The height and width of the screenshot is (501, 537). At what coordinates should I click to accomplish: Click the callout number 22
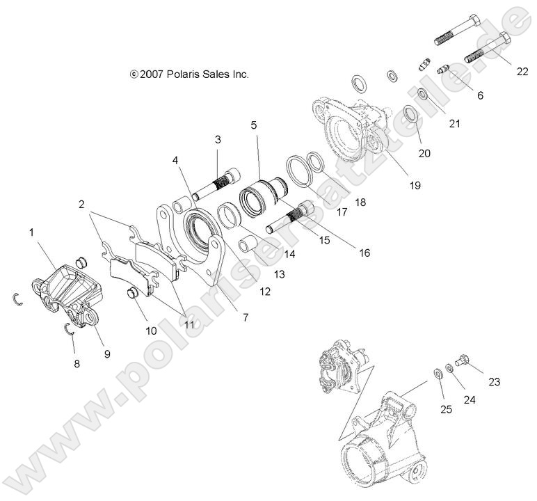[522, 72]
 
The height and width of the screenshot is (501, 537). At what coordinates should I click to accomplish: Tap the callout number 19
[415, 185]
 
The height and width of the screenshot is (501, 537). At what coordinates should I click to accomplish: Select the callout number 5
[253, 125]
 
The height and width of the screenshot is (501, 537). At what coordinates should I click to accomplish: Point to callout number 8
[77, 363]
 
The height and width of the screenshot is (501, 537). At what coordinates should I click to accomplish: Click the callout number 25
[447, 409]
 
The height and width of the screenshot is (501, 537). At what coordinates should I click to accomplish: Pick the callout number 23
[494, 381]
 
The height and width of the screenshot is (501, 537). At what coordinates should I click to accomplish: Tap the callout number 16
[364, 253]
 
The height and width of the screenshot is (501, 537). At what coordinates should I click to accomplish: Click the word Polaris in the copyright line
[183, 74]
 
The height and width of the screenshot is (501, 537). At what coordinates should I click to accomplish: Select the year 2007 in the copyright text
[152, 74]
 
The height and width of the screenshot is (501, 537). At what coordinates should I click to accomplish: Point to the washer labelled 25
[438, 373]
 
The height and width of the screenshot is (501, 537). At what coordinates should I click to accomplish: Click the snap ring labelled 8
[68, 329]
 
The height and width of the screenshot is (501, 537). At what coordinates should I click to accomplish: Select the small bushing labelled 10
[132, 293]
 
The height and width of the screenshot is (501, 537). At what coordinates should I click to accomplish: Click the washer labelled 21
[423, 94]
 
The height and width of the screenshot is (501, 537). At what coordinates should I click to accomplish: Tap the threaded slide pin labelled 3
[216, 184]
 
